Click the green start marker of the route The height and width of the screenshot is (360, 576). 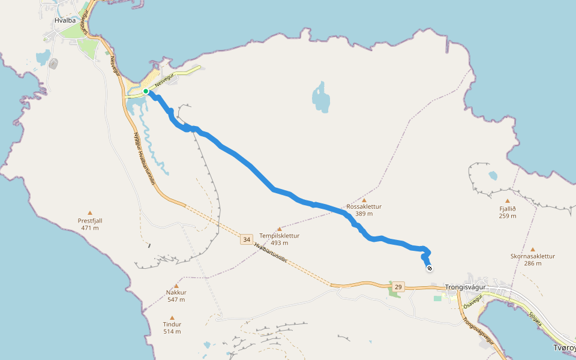tap(146, 91)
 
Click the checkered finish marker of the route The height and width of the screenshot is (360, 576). tap(430, 268)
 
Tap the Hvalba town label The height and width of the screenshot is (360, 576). tap(64, 20)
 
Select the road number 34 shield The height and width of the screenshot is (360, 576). tap(247, 240)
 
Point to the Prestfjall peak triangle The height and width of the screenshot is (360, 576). tap(90, 212)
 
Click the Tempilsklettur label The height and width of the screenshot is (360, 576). tap(279, 236)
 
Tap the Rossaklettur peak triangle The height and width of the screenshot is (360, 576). tap(364, 200)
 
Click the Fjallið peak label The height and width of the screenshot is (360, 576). tap(508, 209)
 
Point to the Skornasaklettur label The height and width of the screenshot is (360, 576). tap(533, 256)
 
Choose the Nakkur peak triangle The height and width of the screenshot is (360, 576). tap(176, 286)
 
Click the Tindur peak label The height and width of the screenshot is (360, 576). tap(172, 325)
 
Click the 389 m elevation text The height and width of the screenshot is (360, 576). tap(364, 214)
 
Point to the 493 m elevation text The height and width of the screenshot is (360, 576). tap(280, 243)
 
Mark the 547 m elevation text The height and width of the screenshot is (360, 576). tap(176, 299)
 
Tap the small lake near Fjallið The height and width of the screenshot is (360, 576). tap(493, 176)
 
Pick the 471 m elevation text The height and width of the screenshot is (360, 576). tap(90, 228)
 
